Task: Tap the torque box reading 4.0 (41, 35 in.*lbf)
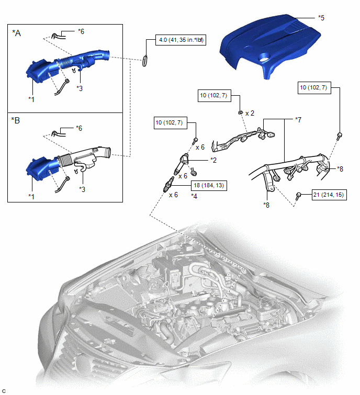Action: tap(181, 40)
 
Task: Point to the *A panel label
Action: tap(17, 33)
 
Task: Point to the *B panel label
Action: tap(16, 120)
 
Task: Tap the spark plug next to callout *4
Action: tap(168, 184)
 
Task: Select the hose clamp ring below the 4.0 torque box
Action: tap(145, 61)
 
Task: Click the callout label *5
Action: tap(321, 18)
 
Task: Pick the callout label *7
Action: tap(298, 120)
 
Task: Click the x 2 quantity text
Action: tap(250, 114)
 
